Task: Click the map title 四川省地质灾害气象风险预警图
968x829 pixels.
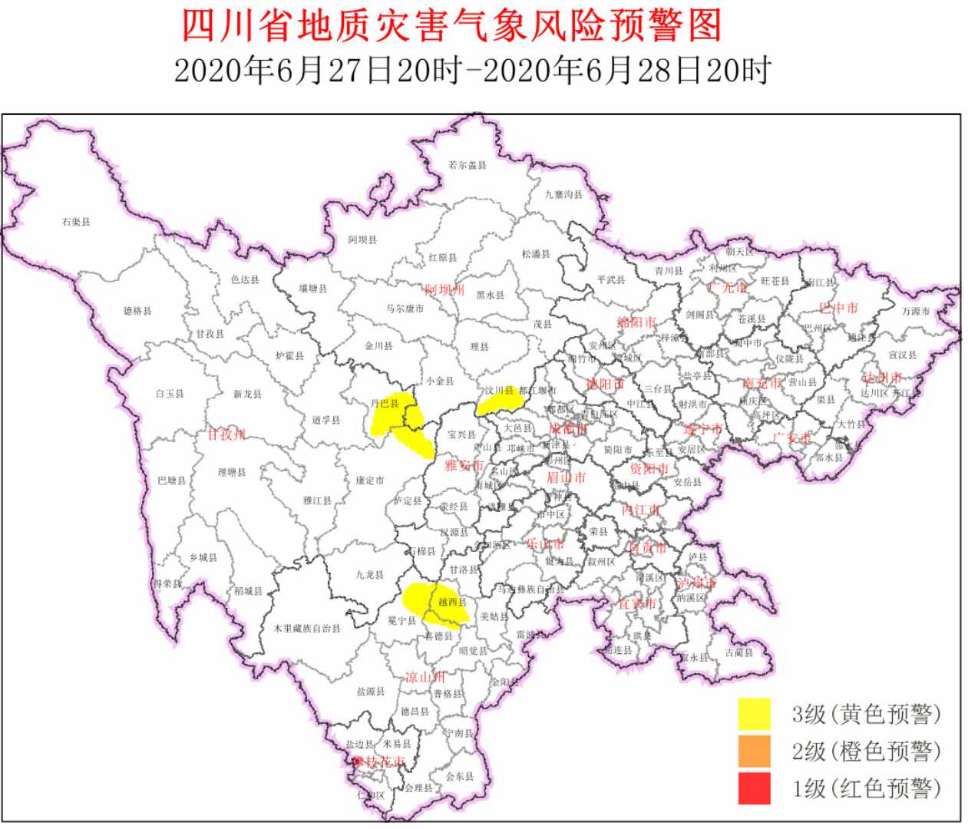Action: tap(451, 25)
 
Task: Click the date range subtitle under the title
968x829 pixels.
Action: tap(471, 71)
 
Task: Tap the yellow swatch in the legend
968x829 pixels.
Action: tap(754, 714)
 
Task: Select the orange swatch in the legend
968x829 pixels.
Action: tap(754, 751)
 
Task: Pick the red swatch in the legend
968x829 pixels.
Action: tap(754, 788)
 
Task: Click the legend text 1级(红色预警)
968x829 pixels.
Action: tap(866, 788)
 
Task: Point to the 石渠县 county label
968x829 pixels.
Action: tap(76, 222)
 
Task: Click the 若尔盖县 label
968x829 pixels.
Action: tap(467, 165)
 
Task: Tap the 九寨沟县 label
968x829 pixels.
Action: tap(563, 195)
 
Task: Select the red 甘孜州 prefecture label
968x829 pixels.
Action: tap(226, 434)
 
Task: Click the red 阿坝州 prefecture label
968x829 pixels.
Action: tap(444, 290)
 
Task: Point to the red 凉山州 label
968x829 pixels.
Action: tap(425, 677)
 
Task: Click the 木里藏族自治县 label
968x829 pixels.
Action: tap(307, 628)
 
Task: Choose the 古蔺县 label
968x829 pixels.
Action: tap(738, 653)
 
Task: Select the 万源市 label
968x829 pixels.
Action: tap(915, 311)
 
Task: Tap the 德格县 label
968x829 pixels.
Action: tap(137, 311)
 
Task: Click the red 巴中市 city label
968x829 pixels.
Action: tap(838, 308)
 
